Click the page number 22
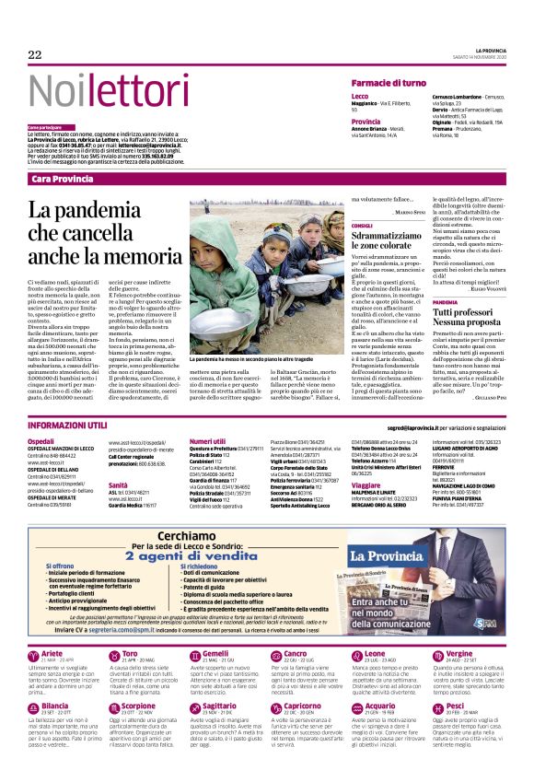[35, 55]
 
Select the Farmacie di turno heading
[389, 83]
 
